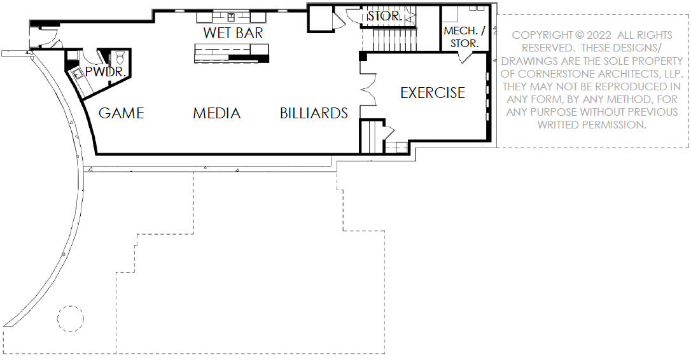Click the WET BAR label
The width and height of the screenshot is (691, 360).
click(233, 32)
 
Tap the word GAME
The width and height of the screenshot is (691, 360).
click(122, 113)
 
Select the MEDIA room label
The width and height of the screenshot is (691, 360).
click(217, 113)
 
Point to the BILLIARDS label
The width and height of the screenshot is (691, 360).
click(314, 113)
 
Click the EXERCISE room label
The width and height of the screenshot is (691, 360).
click(433, 93)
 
